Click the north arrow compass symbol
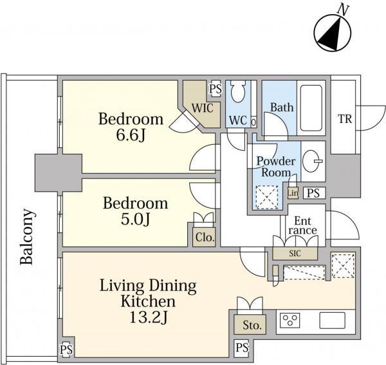click(x=333, y=32)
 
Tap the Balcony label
click(x=26, y=236)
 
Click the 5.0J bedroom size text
click(x=135, y=220)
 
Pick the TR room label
click(x=345, y=119)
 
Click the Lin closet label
click(x=293, y=192)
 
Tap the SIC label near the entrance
click(x=295, y=254)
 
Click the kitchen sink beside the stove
click(x=332, y=320)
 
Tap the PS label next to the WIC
click(x=216, y=89)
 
